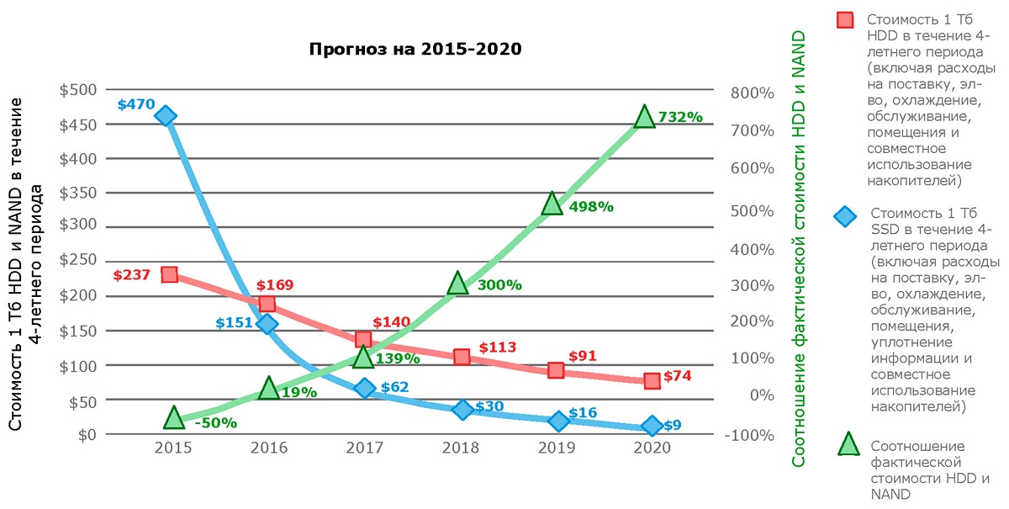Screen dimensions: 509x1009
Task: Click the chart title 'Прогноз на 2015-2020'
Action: tap(415, 49)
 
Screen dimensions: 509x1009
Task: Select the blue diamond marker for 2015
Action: tap(166, 116)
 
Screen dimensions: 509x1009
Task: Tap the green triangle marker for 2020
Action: tap(644, 117)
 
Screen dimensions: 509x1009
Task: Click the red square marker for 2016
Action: tap(267, 304)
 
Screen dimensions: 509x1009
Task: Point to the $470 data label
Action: tap(135, 105)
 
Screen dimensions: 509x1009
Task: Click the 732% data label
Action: tap(680, 117)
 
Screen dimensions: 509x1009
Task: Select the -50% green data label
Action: tap(215, 422)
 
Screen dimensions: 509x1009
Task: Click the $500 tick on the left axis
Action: tap(78, 90)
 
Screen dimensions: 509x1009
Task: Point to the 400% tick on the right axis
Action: tap(753, 249)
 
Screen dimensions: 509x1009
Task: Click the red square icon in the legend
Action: tap(846, 20)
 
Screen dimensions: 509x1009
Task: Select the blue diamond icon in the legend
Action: tap(845, 216)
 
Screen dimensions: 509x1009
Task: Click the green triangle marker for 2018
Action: tap(457, 283)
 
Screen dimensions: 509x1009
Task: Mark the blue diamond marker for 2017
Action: tap(364, 387)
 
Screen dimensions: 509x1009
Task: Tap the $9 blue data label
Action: tap(672, 426)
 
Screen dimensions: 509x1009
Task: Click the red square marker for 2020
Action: tap(651, 381)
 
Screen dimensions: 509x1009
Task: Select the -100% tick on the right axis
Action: tap(751, 435)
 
